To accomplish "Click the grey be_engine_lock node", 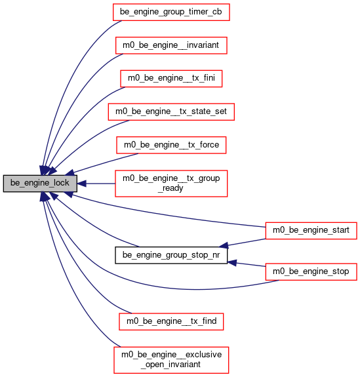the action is click(x=40, y=184).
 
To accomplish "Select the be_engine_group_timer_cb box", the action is click(x=171, y=12).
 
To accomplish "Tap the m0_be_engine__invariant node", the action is click(x=171, y=45).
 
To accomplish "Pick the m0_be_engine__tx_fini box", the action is click(x=171, y=79).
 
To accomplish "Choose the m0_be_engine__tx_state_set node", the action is click(x=171, y=112).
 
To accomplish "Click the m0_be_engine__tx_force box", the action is click(x=171, y=145).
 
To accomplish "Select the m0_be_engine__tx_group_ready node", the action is click(x=171, y=184).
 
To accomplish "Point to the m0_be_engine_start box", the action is click(x=311, y=231).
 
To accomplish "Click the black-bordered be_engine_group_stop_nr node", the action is click(x=171, y=255).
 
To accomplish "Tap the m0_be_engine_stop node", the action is click(x=311, y=271).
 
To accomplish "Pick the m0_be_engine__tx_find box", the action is click(x=171, y=321).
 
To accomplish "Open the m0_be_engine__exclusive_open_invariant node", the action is click(x=171, y=360).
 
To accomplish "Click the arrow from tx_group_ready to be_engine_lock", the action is click(x=96, y=184).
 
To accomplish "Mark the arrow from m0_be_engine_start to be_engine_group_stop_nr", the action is click(x=243, y=243).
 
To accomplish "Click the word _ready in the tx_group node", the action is click(x=170, y=188).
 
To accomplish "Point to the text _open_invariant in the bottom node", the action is click(x=170, y=365).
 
